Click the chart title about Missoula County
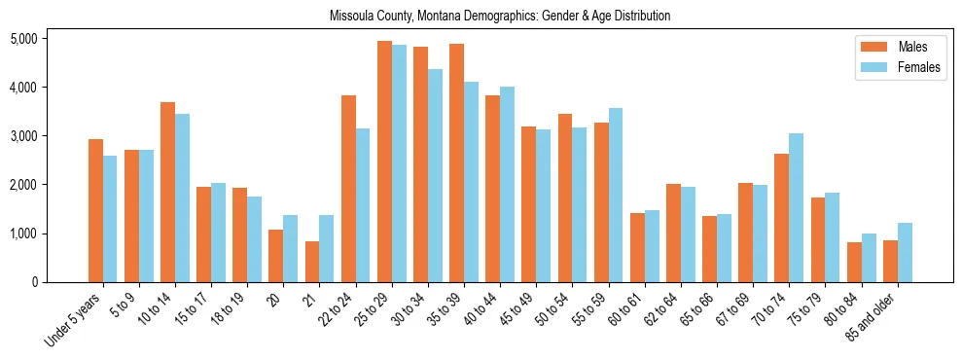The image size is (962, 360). click(500, 17)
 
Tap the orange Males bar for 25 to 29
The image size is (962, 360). click(384, 162)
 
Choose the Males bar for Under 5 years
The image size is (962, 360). click(95, 210)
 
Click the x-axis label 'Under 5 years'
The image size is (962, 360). click(74, 320)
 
